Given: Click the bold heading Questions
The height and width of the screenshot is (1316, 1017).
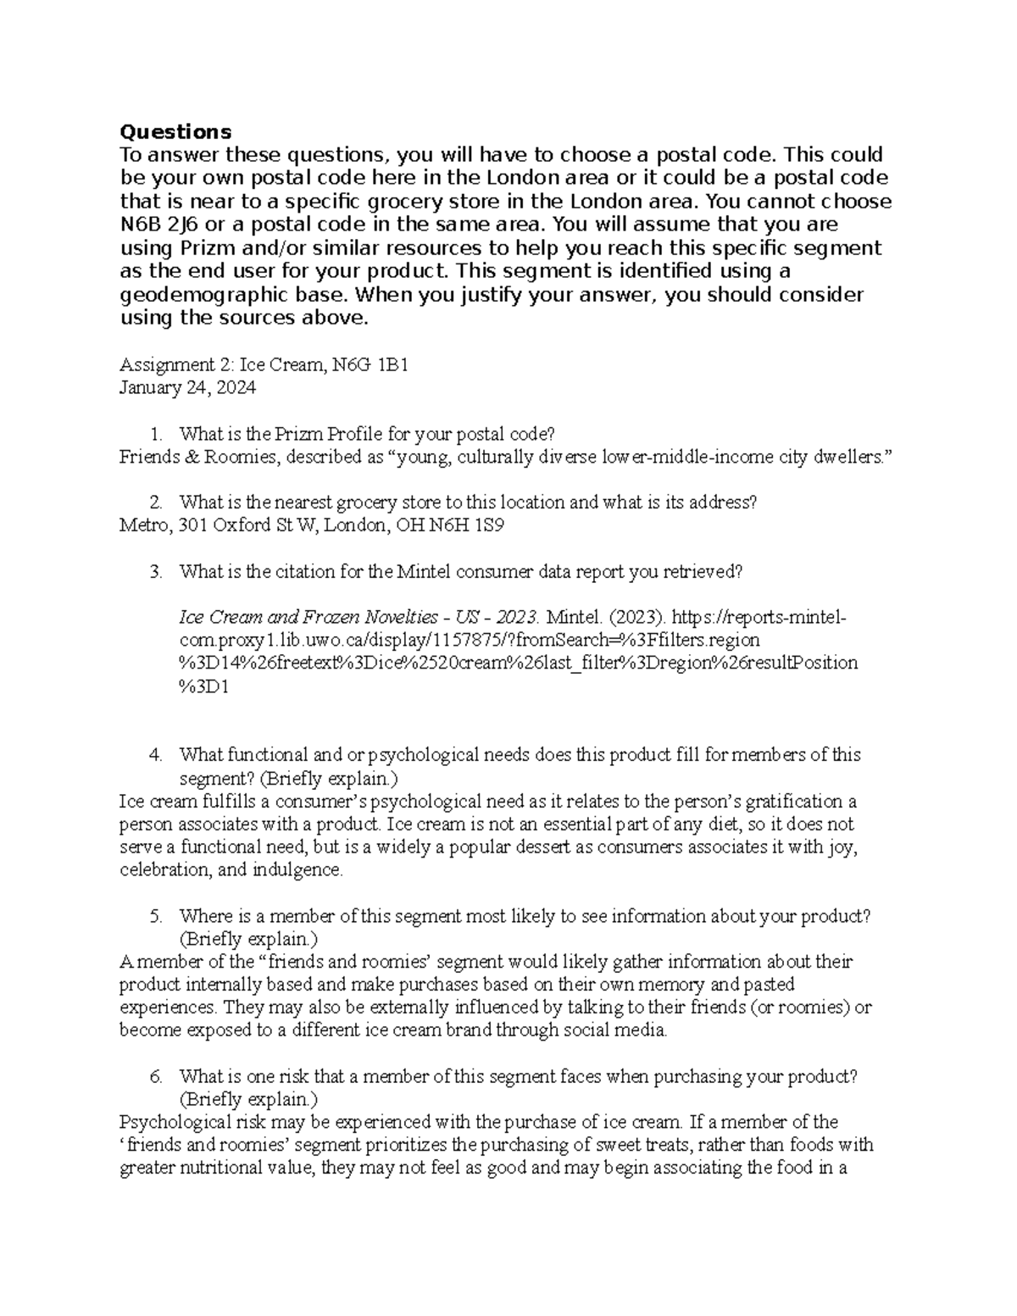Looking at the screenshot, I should (x=175, y=131).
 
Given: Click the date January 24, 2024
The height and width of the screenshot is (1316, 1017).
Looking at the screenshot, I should (x=187, y=388).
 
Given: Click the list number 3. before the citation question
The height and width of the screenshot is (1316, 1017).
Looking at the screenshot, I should (x=155, y=571).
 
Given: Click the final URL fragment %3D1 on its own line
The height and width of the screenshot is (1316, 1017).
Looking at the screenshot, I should (x=203, y=686).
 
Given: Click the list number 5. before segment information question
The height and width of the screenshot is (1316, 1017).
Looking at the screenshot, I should (x=155, y=916).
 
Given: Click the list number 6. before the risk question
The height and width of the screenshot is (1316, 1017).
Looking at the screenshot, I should (x=155, y=1077).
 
